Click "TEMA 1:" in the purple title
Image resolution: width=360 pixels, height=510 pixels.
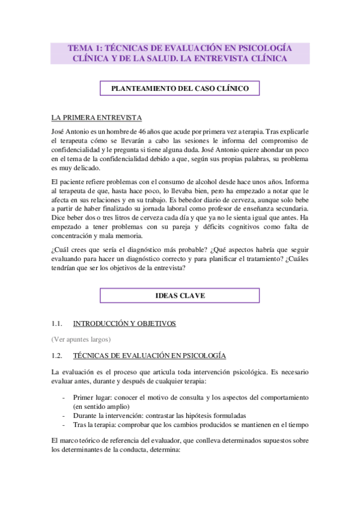(x=85, y=48)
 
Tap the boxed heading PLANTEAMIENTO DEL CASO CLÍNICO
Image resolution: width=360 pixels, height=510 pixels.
(x=180, y=88)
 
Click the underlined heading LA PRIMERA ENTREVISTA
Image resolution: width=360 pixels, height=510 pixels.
(x=96, y=118)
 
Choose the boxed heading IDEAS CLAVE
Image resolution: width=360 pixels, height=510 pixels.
(x=180, y=295)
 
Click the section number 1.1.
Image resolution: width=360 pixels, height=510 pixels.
(x=58, y=324)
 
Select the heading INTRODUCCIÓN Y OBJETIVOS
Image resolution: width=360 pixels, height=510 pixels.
(x=124, y=324)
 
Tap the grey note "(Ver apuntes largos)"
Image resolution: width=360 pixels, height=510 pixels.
(x=81, y=339)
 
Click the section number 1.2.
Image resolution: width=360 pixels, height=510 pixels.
(x=58, y=356)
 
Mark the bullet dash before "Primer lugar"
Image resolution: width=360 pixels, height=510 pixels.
(x=64, y=398)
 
